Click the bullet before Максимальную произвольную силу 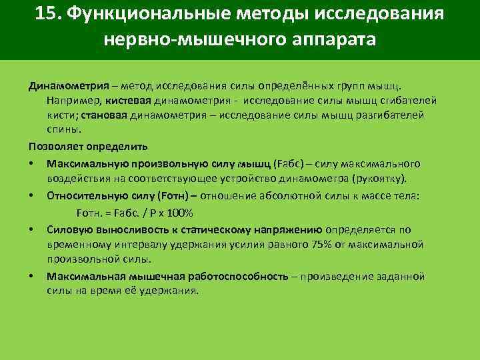31,164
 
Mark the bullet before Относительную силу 31,197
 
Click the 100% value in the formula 179,213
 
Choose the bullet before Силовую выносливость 31,231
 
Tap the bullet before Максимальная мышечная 31,277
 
